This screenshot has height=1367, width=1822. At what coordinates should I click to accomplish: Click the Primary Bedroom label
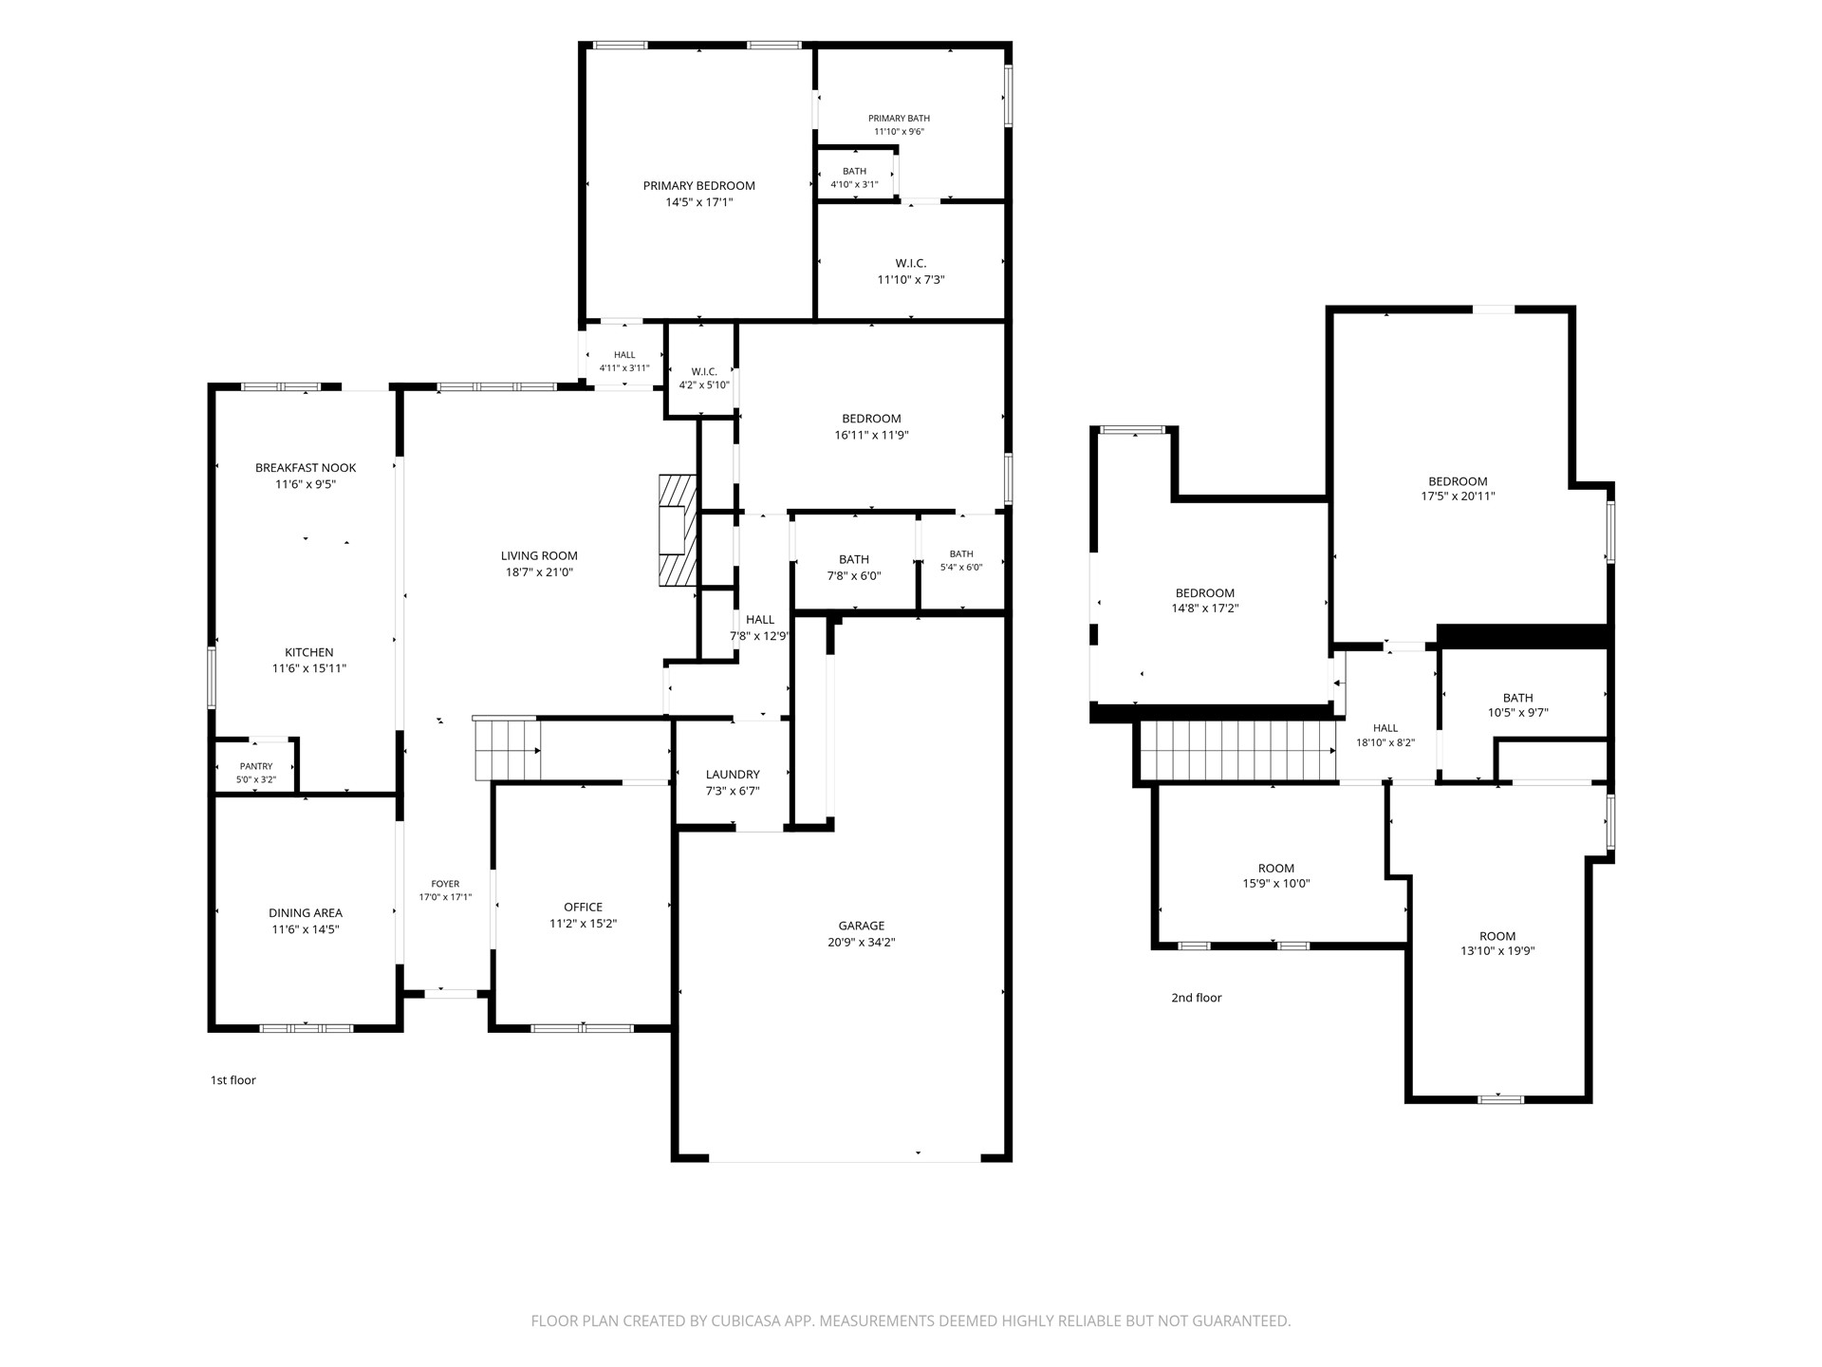(x=699, y=186)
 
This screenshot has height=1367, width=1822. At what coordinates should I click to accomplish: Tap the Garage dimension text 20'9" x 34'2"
(x=862, y=943)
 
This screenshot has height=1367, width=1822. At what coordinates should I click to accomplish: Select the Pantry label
(x=256, y=766)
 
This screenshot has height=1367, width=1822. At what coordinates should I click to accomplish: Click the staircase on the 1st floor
(x=507, y=748)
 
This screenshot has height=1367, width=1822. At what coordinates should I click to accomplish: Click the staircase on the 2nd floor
(x=1238, y=750)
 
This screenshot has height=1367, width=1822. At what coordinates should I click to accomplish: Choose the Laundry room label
(x=733, y=775)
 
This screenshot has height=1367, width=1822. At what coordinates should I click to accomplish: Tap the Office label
(x=583, y=907)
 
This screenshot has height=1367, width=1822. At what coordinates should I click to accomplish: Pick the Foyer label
(x=445, y=884)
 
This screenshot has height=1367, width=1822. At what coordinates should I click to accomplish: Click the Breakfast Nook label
(x=306, y=468)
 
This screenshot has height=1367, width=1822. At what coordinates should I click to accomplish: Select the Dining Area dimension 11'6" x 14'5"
(x=306, y=929)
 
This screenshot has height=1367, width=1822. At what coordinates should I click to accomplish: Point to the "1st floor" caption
(x=233, y=1080)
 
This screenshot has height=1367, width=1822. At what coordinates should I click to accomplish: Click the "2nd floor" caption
(x=1197, y=998)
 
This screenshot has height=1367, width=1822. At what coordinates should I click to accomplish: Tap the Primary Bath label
(x=899, y=119)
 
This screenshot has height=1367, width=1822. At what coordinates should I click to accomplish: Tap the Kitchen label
(x=309, y=653)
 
